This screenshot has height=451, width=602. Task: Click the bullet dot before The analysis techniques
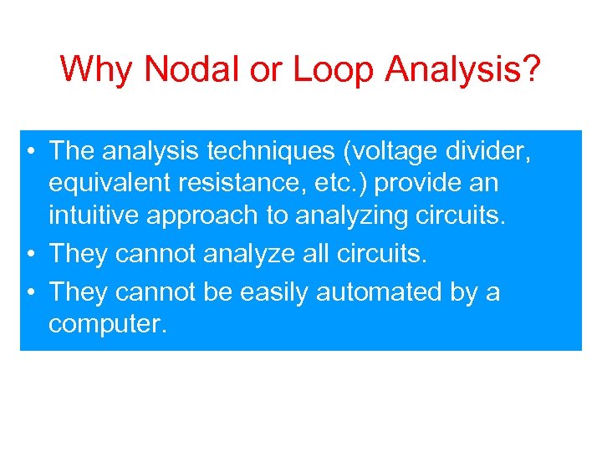(x=30, y=152)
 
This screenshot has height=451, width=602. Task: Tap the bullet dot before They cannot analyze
(x=30, y=254)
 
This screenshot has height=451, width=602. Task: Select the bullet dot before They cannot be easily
(x=30, y=292)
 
